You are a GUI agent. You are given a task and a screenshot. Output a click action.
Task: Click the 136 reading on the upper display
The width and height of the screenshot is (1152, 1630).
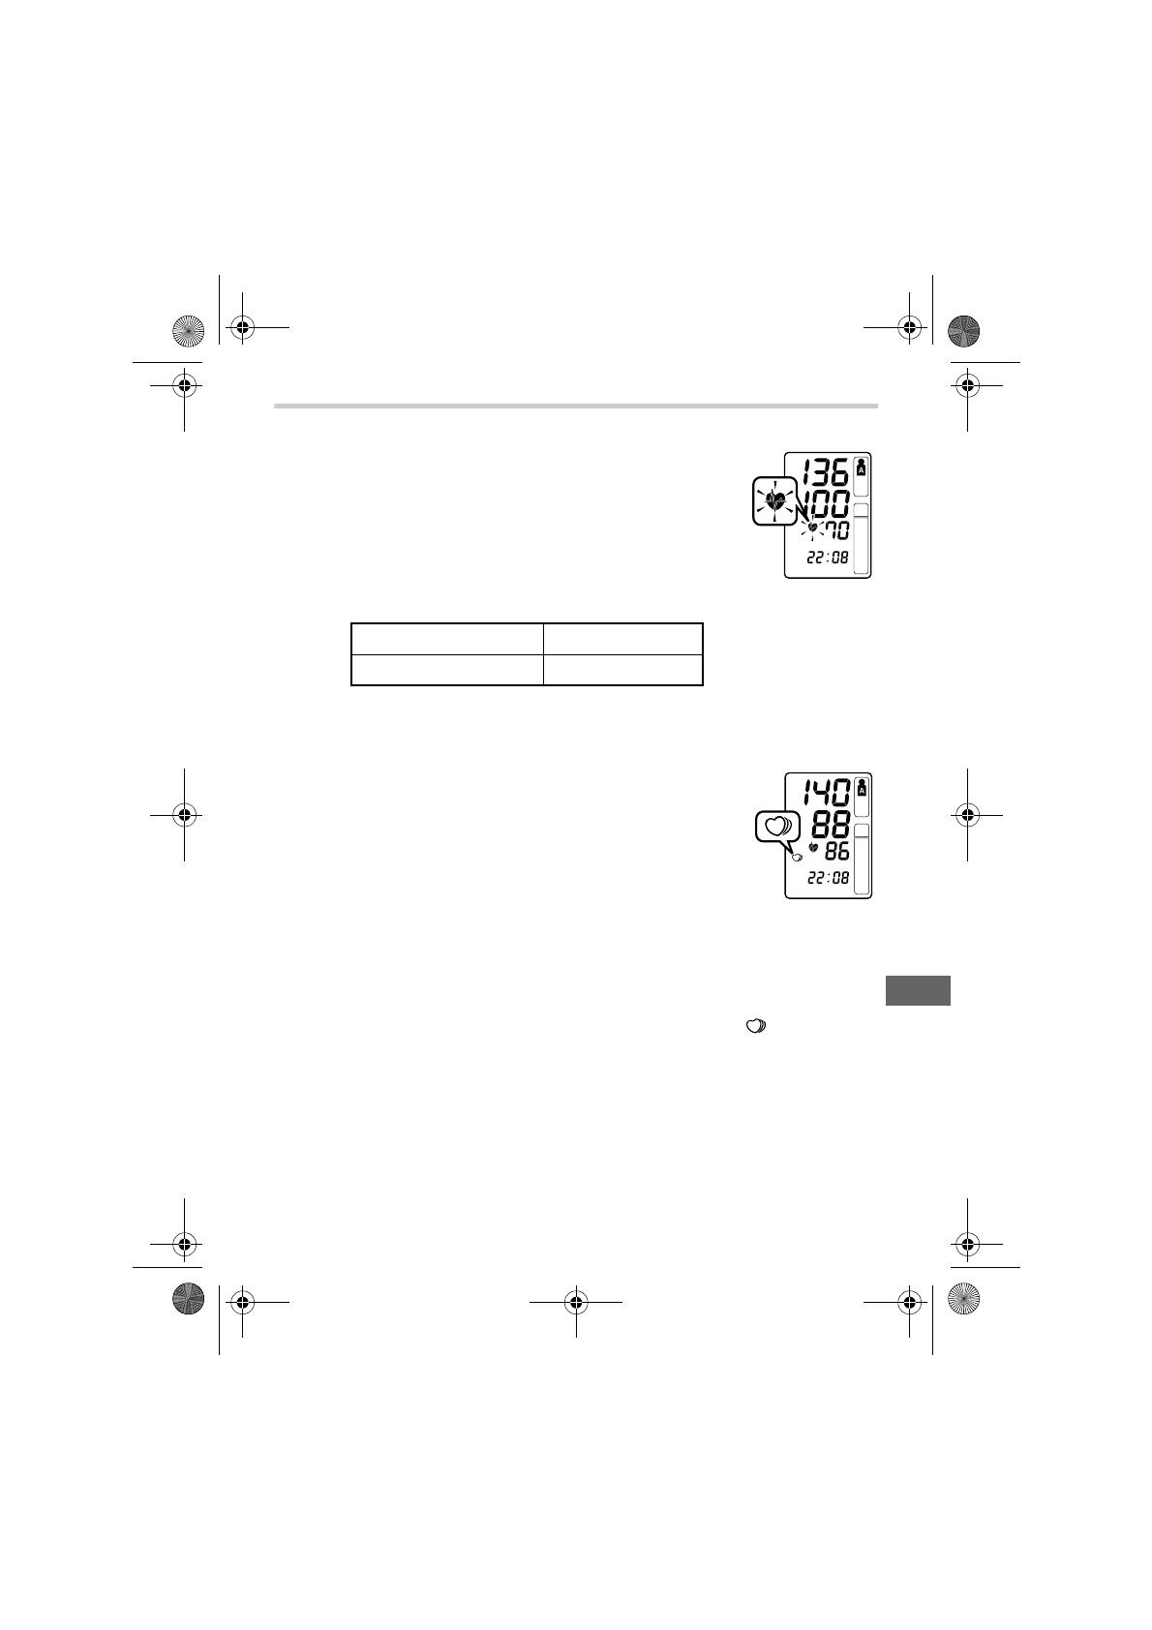(825, 471)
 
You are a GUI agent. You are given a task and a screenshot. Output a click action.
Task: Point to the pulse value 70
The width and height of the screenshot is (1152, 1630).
(836, 530)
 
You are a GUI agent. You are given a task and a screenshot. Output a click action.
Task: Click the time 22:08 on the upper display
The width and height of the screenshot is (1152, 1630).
(828, 558)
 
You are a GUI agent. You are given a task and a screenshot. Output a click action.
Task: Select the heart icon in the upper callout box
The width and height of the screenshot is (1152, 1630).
(775, 500)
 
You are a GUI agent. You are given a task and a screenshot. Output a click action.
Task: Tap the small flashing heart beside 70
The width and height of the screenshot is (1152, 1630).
(812, 528)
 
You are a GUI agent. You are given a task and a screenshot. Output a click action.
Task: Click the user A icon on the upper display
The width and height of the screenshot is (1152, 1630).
(862, 468)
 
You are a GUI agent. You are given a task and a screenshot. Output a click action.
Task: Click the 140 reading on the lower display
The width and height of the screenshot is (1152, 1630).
(827, 792)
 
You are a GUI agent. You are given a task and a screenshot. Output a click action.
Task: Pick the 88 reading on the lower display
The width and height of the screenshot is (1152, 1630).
(831, 824)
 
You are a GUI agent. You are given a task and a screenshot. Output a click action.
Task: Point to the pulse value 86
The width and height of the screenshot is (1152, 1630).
(837, 851)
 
